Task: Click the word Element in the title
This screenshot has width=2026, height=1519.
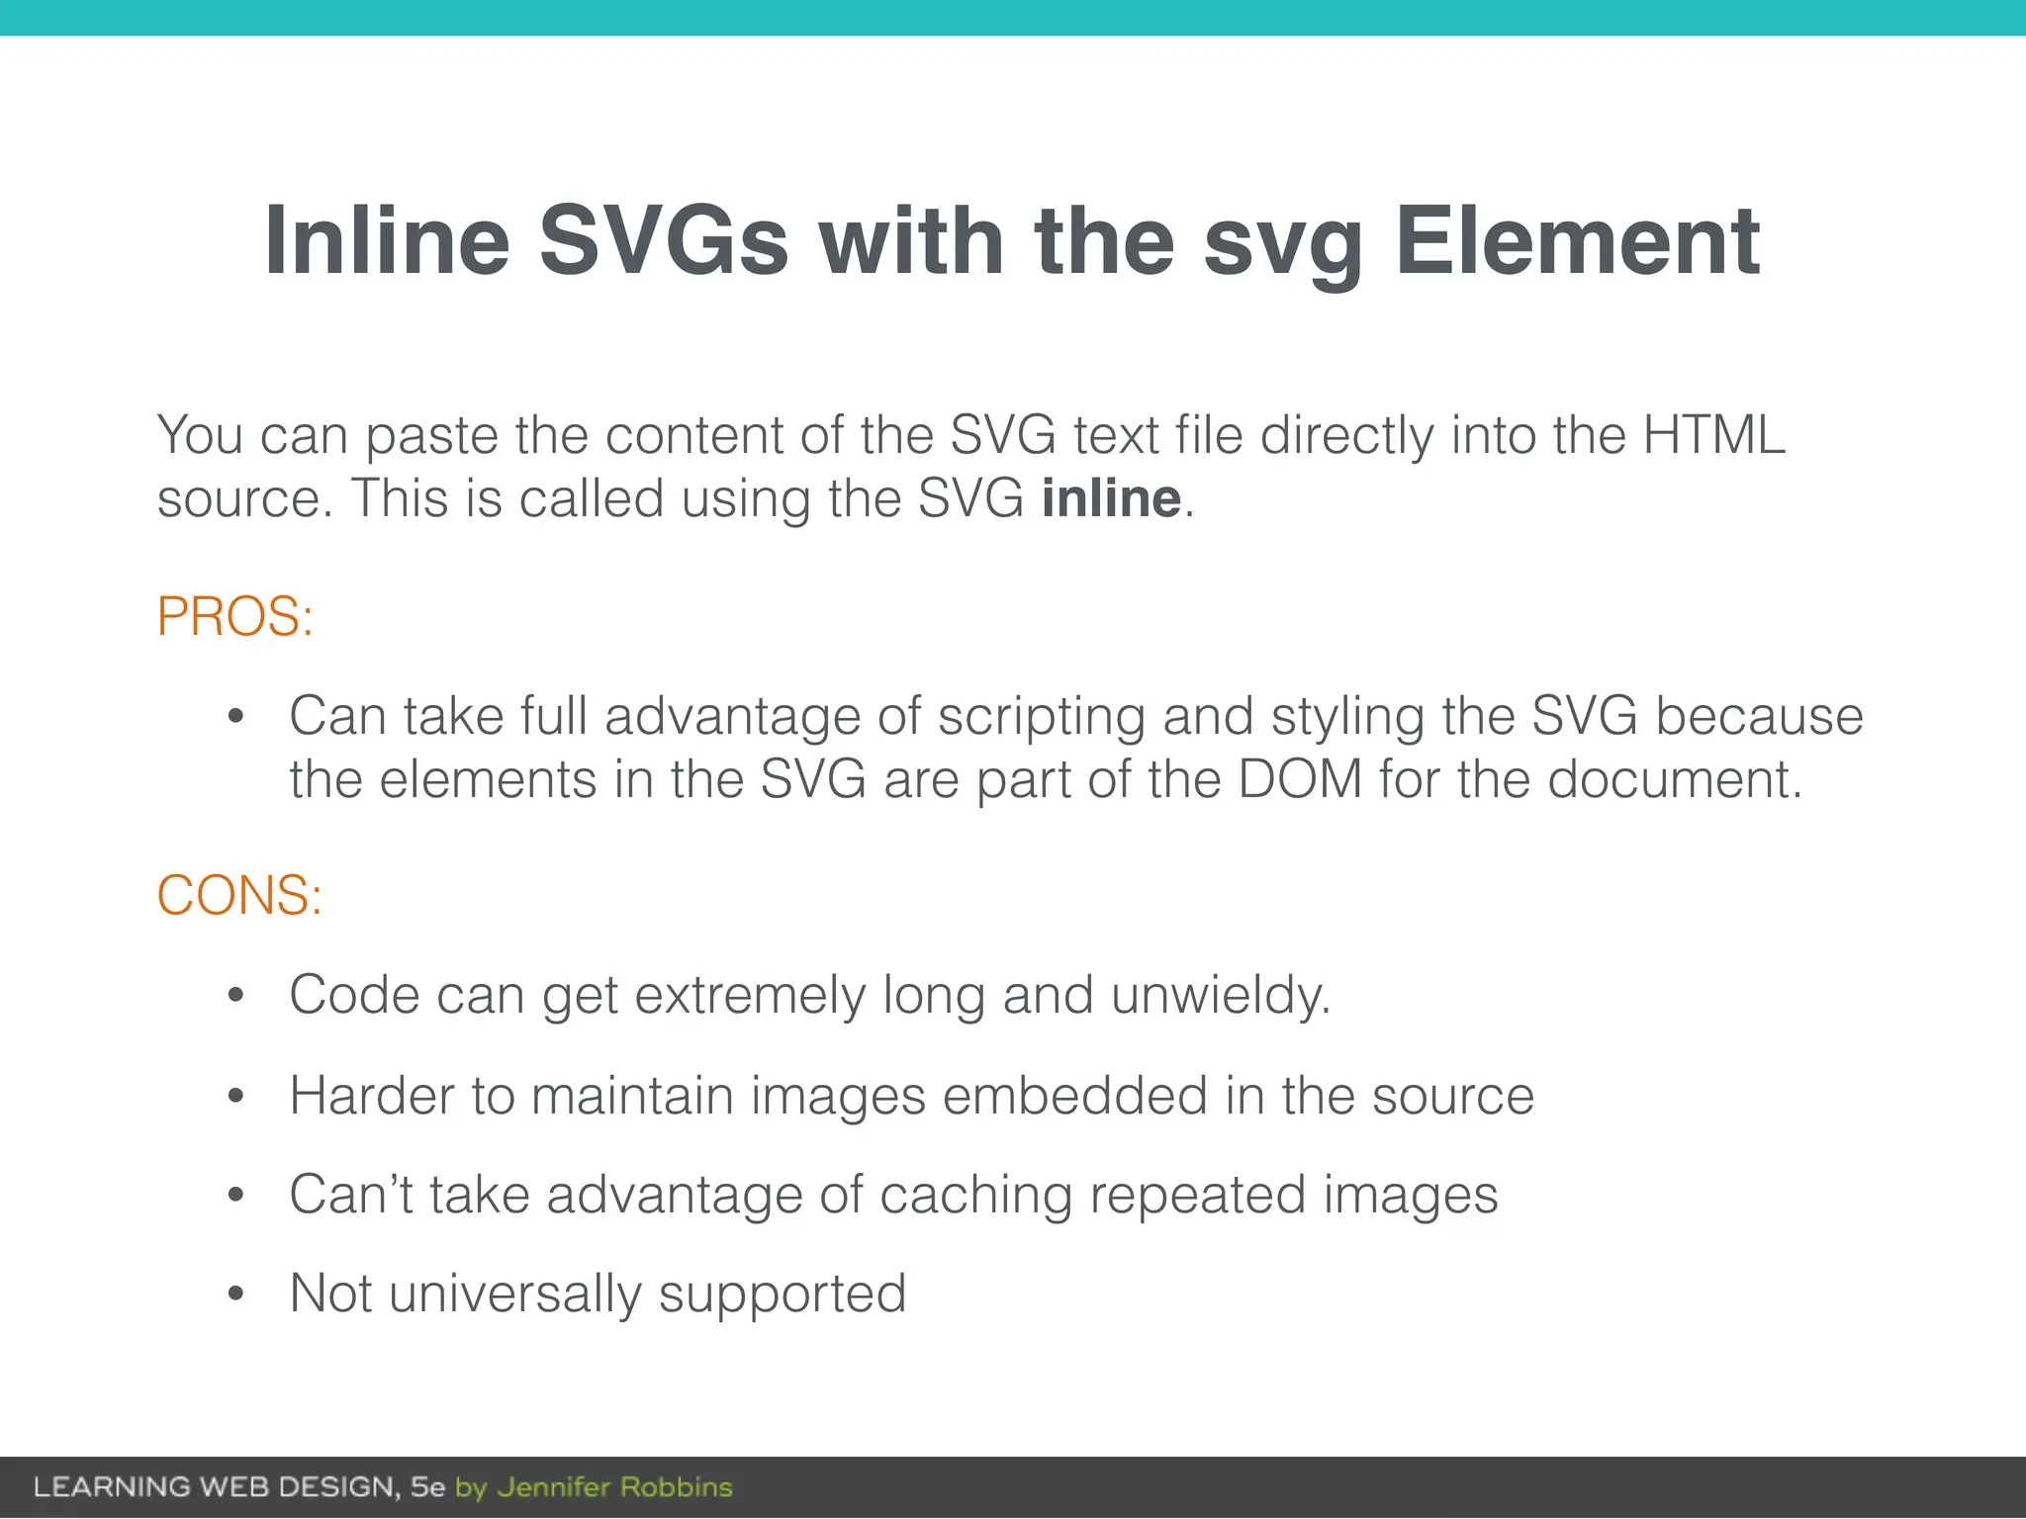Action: pyautogui.click(x=1577, y=241)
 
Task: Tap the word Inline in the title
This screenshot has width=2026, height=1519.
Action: pyautogui.click(x=387, y=241)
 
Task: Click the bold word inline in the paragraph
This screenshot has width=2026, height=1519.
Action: pyautogui.click(x=1111, y=497)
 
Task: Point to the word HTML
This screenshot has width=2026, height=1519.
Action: pyautogui.click(x=1713, y=434)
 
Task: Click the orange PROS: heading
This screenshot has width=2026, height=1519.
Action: pyautogui.click(x=235, y=617)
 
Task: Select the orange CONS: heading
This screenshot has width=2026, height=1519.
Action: pyautogui.click(x=239, y=895)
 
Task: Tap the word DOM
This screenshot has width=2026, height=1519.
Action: pyautogui.click(x=1300, y=779)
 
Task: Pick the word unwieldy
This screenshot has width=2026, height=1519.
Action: pyautogui.click(x=1221, y=995)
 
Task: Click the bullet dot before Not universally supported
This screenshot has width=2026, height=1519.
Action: pyautogui.click(x=235, y=1294)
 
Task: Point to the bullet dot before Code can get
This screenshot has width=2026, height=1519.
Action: pyautogui.click(x=235, y=995)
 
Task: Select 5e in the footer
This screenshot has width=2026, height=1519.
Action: pyautogui.click(x=428, y=1487)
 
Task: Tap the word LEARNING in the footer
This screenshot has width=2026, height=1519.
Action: pyautogui.click(x=112, y=1487)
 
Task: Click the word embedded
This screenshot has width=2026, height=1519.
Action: pyautogui.click(x=1075, y=1096)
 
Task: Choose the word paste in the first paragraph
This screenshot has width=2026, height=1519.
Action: pyautogui.click(x=431, y=436)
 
